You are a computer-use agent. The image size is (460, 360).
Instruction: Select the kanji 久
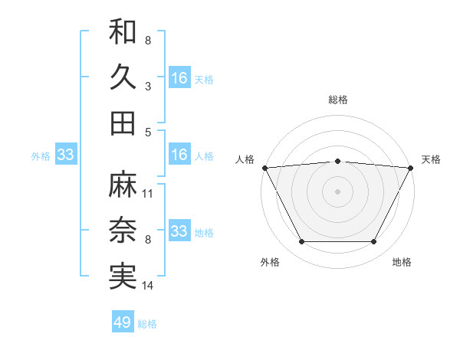coord(123,77)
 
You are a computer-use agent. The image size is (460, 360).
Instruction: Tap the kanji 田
coord(123,123)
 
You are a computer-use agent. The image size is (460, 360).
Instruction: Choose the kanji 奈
coord(123,231)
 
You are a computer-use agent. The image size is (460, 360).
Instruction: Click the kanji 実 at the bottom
coord(123,277)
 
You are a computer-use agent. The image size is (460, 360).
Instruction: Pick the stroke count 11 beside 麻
coord(148,194)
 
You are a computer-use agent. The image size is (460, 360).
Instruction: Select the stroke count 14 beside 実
coord(148,286)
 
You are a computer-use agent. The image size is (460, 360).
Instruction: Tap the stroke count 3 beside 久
coord(147,87)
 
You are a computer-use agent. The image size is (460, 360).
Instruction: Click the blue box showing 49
coord(123,322)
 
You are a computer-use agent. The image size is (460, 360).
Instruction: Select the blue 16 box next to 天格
coord(179,78)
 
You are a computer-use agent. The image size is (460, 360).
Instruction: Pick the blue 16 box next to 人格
coord(179,155)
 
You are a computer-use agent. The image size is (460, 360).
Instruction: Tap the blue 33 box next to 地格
coord(179,231)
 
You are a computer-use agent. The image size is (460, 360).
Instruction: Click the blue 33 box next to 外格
coord(66,155)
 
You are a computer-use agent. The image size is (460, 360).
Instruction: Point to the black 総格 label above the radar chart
coord(337,100)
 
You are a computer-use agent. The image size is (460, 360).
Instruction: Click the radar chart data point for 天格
coord(411,167)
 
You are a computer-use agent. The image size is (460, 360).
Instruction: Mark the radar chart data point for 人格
coord(264,167)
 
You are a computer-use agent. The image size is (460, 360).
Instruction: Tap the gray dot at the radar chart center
coord(337,191)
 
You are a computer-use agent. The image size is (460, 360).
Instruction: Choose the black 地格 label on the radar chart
coord(402,263)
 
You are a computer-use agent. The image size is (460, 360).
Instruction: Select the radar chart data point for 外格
coord(301,242)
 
